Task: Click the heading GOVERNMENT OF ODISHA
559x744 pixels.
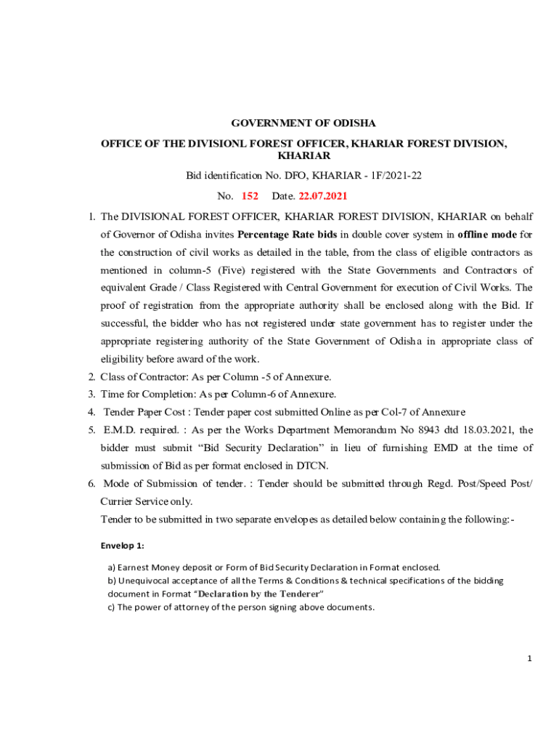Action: coord(303,124)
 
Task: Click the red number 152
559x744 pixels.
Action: coord(250,196)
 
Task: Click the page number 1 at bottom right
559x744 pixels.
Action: coord(530,658)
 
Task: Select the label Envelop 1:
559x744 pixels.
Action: coord(123,546)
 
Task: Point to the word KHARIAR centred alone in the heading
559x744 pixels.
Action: coord(303,156)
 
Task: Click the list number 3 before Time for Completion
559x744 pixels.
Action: coord(92,395)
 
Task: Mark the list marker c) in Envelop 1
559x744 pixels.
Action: coord(112,607)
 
